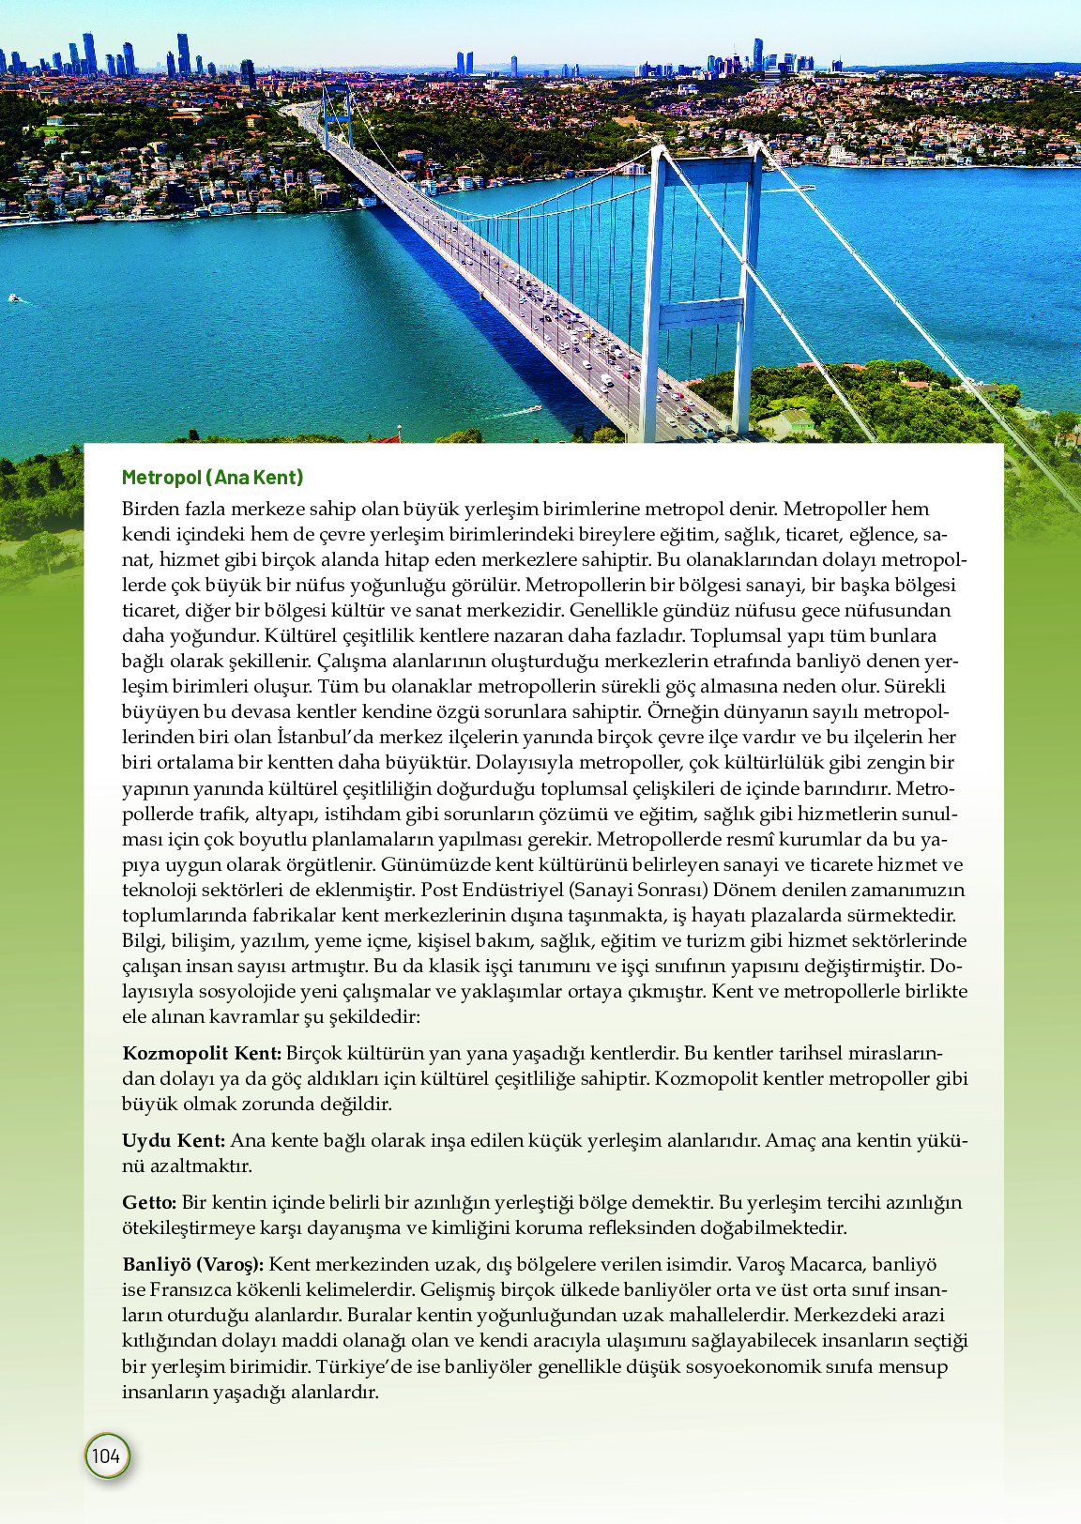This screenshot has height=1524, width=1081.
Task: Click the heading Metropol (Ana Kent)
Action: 212,478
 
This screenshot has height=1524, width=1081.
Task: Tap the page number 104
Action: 106,1455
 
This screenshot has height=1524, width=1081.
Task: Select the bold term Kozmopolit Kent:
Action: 202,1054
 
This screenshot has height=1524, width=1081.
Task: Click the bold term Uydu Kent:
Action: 174,1141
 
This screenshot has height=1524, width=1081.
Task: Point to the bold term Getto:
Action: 149,1203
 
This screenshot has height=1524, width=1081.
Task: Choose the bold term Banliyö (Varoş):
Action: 192,1265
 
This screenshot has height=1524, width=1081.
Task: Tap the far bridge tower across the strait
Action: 335,113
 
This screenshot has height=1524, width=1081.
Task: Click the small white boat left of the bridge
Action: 14,298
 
